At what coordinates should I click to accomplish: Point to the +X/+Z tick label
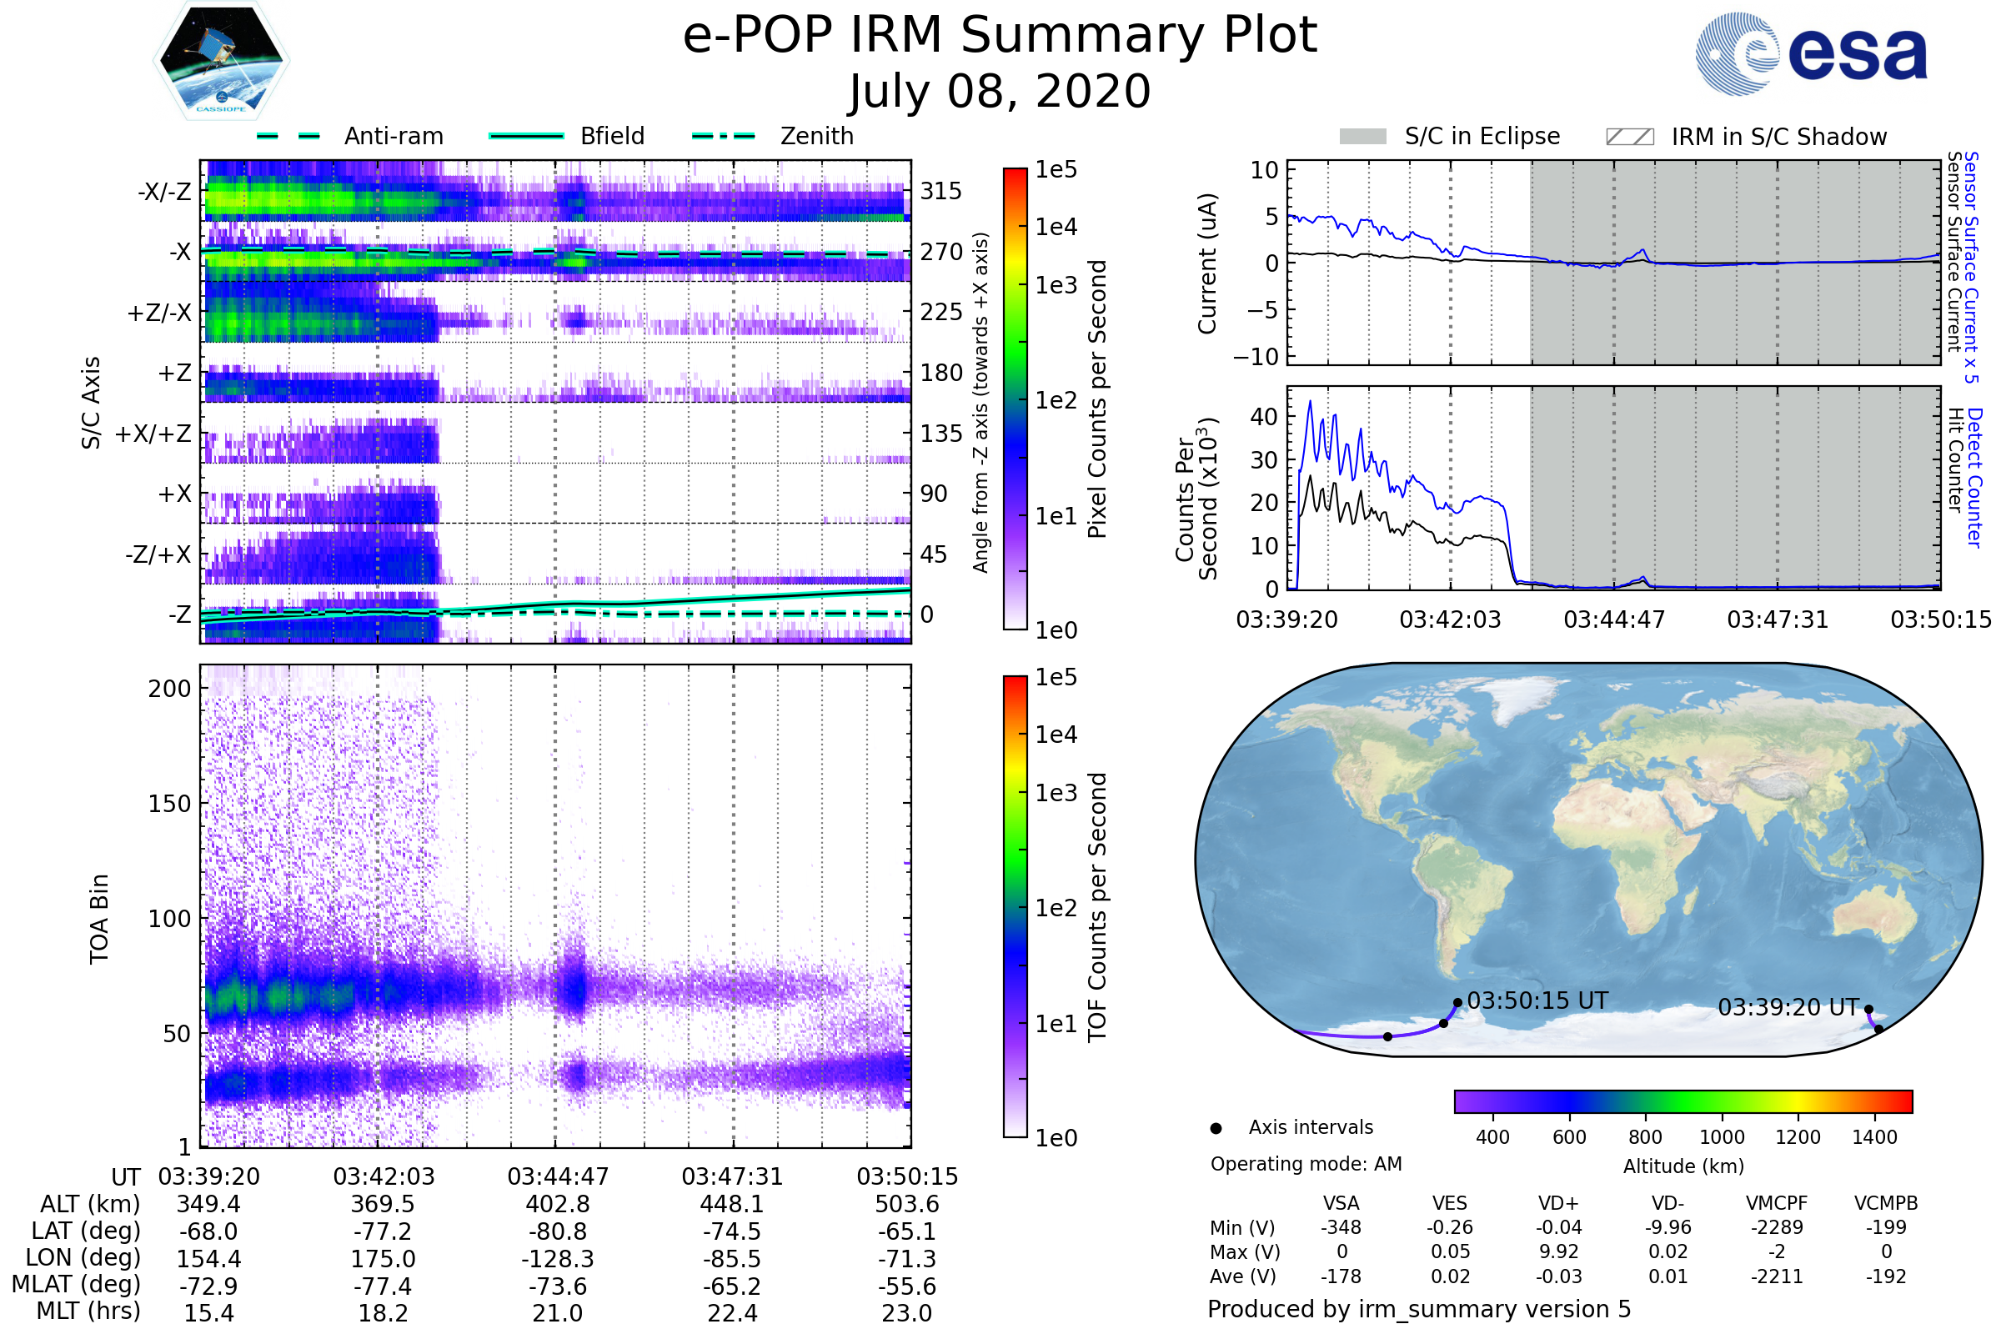tap(153, 434)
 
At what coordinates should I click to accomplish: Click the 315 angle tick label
tap(940, 191)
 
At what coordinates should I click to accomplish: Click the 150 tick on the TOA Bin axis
tap(169, 804)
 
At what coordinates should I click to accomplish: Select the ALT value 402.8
tap(557, 1204)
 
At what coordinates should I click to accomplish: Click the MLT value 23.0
tap(906, 1312)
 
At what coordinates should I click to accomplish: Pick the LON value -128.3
tap(557, 1258)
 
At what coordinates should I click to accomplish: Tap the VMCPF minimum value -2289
tap(1777, 1227)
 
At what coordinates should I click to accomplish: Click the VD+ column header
tap(1557, 1203)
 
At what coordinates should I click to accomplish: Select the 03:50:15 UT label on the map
tap(1537, 1000)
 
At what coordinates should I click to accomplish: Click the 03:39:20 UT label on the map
tap(1788, 1007)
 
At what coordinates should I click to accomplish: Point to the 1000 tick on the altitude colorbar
tap(1721, 1137)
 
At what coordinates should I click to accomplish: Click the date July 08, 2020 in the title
tap(1000, 91)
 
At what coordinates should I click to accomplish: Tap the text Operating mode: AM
tap(1305, 1164)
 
